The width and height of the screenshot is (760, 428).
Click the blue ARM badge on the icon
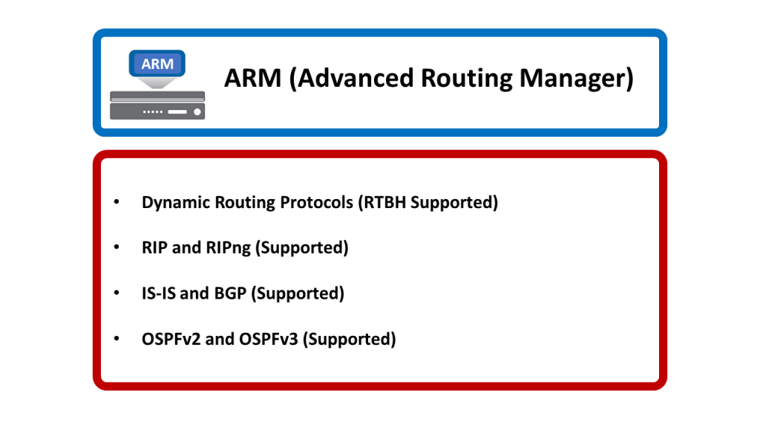click(x=157, y=64)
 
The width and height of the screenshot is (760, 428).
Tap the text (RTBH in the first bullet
click(x=382, y=202)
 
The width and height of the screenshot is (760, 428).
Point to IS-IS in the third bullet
click(x=159, y=294)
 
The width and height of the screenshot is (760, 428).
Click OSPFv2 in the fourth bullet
click(x=168, y=340)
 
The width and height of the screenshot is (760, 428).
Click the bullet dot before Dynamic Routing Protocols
click(x=116, y=202)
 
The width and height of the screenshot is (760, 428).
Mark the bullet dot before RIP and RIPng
click(x=116, y=247)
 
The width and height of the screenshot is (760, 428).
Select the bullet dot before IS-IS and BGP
click(x=116, y=294)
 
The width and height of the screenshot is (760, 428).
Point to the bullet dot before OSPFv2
click(x=116, y=340)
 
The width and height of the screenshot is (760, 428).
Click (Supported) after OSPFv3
click(x=350, y=340)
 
